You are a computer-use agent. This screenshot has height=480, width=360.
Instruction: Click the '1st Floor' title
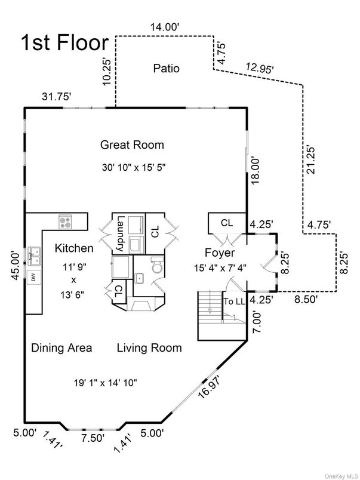pyautogui.click(x=64, y=43)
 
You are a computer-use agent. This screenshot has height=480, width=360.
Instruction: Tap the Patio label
pyautogui.click(x=166, y=69)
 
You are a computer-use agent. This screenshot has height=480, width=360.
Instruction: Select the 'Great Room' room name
pyautogui.click(x=132, y=144)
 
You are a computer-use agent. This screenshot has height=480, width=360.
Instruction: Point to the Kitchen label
pyautogui.click(x=74, y=248)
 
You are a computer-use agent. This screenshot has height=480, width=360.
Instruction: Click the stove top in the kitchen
pyautogui.click(x=66, y=221)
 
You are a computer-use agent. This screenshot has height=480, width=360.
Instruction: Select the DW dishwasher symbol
pyautogui.click(x=32, y=276)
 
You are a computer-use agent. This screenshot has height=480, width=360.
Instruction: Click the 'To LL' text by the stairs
pyautogui.click(x=235, y=301)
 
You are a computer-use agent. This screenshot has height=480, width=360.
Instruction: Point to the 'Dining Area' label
pyautogui.click(x=61, y=347)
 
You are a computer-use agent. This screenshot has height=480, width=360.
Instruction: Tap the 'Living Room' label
pyautogui.click(x=149, y=347)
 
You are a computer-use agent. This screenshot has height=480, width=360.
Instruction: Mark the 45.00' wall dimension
pyautogui.click(x=14, y=267)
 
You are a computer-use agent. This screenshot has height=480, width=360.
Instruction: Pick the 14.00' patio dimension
pyautogui.click(x=165, y=26)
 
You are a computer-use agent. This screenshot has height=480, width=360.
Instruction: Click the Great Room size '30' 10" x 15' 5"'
pyautogui.click(x=133, y=168)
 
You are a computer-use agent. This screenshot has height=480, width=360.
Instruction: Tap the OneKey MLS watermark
pyautogui.click(x=340, y=475)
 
